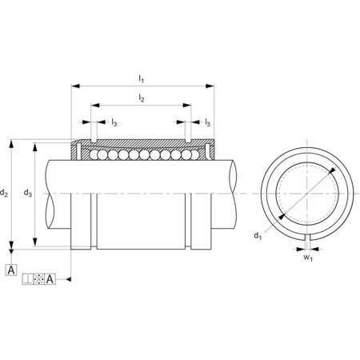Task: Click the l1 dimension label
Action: coord(141,79)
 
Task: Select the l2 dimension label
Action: coord(142,98)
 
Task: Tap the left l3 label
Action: coord(114,122)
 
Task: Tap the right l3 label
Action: coord(207,122)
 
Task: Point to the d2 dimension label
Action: coord(4,193)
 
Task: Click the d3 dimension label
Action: coord(28,193)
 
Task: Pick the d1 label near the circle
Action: coord(258,236)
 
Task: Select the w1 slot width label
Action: coord(308,258)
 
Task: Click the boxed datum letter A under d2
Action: coord(11,270)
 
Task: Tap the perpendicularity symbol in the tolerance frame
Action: coord(28,279)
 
